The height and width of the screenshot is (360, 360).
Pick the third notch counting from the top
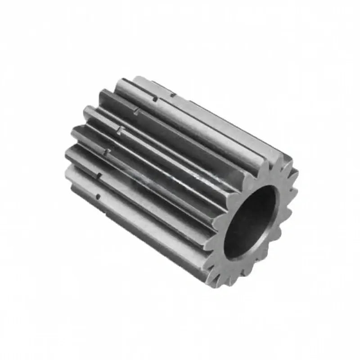click(x=136, y=111)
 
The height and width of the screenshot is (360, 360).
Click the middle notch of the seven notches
click(x=120, y=130)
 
